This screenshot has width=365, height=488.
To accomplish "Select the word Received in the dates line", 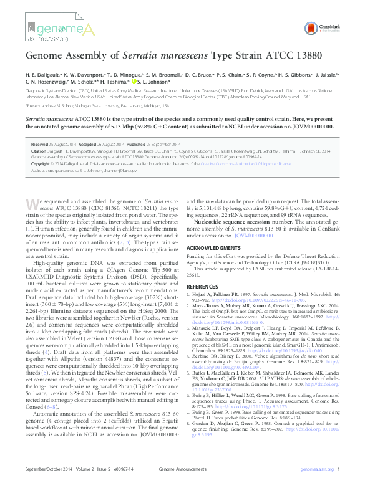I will click(41, 143).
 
